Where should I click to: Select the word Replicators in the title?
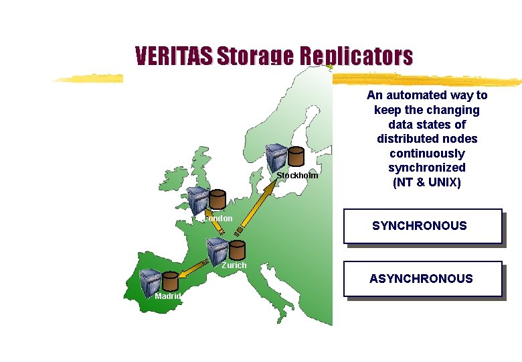[356, 56]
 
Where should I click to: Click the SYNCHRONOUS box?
[422, 226]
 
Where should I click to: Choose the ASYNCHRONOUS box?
[422, 278]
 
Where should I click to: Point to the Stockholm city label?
[297, 176]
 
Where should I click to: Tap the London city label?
[218, 218]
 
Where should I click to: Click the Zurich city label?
[234, 265]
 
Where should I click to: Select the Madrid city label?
[167, 296]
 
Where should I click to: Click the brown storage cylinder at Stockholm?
[295, 157]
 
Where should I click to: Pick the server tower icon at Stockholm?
[276, 158]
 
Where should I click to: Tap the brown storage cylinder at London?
[217, 200]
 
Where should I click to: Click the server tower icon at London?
[197, 200]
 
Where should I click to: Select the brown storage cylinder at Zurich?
[237, 249]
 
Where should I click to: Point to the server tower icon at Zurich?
[217, 250]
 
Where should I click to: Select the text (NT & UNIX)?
[427, 182]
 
